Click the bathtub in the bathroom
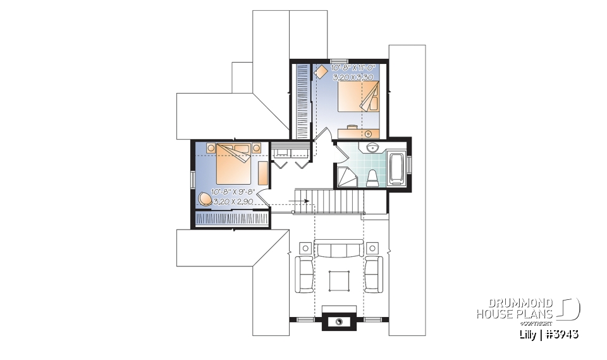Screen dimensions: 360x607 397,168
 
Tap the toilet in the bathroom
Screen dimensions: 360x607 372,178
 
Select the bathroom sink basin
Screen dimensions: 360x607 371,147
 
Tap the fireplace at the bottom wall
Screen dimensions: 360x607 339,321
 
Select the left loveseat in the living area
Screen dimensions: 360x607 305,273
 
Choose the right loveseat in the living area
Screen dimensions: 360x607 373,273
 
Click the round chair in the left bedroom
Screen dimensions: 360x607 205,199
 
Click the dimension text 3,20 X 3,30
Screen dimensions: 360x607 353,77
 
